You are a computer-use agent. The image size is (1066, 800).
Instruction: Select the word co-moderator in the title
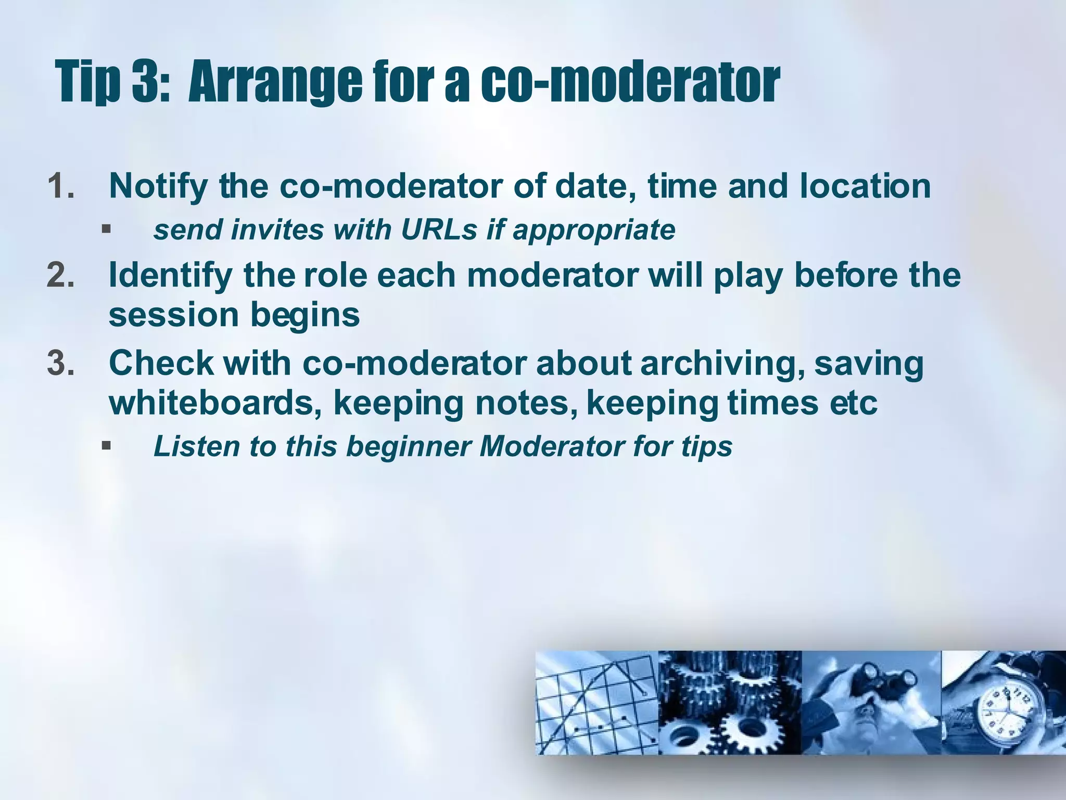point(630,81)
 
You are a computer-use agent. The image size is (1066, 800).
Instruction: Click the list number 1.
point(60,186)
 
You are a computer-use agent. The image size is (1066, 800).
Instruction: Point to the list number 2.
point(60,275)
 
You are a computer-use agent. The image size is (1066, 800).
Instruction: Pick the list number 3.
point(60,363)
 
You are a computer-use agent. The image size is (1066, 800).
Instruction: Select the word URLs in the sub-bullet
point(439,230)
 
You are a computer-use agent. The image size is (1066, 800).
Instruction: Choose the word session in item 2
point(173,315)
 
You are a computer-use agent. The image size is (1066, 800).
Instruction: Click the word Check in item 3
point(161,363)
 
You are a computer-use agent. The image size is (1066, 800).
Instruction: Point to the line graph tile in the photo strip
point(597,703)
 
